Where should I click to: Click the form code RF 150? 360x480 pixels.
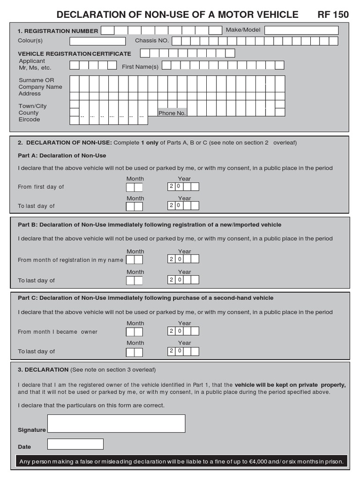333,15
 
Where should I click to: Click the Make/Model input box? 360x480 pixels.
301,30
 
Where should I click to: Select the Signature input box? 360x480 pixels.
116,423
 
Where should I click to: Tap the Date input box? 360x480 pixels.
75,444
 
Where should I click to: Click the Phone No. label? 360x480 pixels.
172,113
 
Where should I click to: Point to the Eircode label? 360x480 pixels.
29,120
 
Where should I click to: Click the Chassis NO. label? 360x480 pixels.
151,41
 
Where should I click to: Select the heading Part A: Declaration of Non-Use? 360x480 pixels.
62,156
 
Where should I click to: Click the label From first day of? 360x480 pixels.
41,187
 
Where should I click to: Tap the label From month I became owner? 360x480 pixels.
58,332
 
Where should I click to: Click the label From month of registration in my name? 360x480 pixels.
70,260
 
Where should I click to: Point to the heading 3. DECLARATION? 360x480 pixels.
43,369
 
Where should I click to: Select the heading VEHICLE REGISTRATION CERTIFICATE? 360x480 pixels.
74,54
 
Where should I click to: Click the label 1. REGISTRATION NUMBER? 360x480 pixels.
58,31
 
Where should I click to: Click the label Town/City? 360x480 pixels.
32,106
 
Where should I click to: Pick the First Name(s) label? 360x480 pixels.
140,67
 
